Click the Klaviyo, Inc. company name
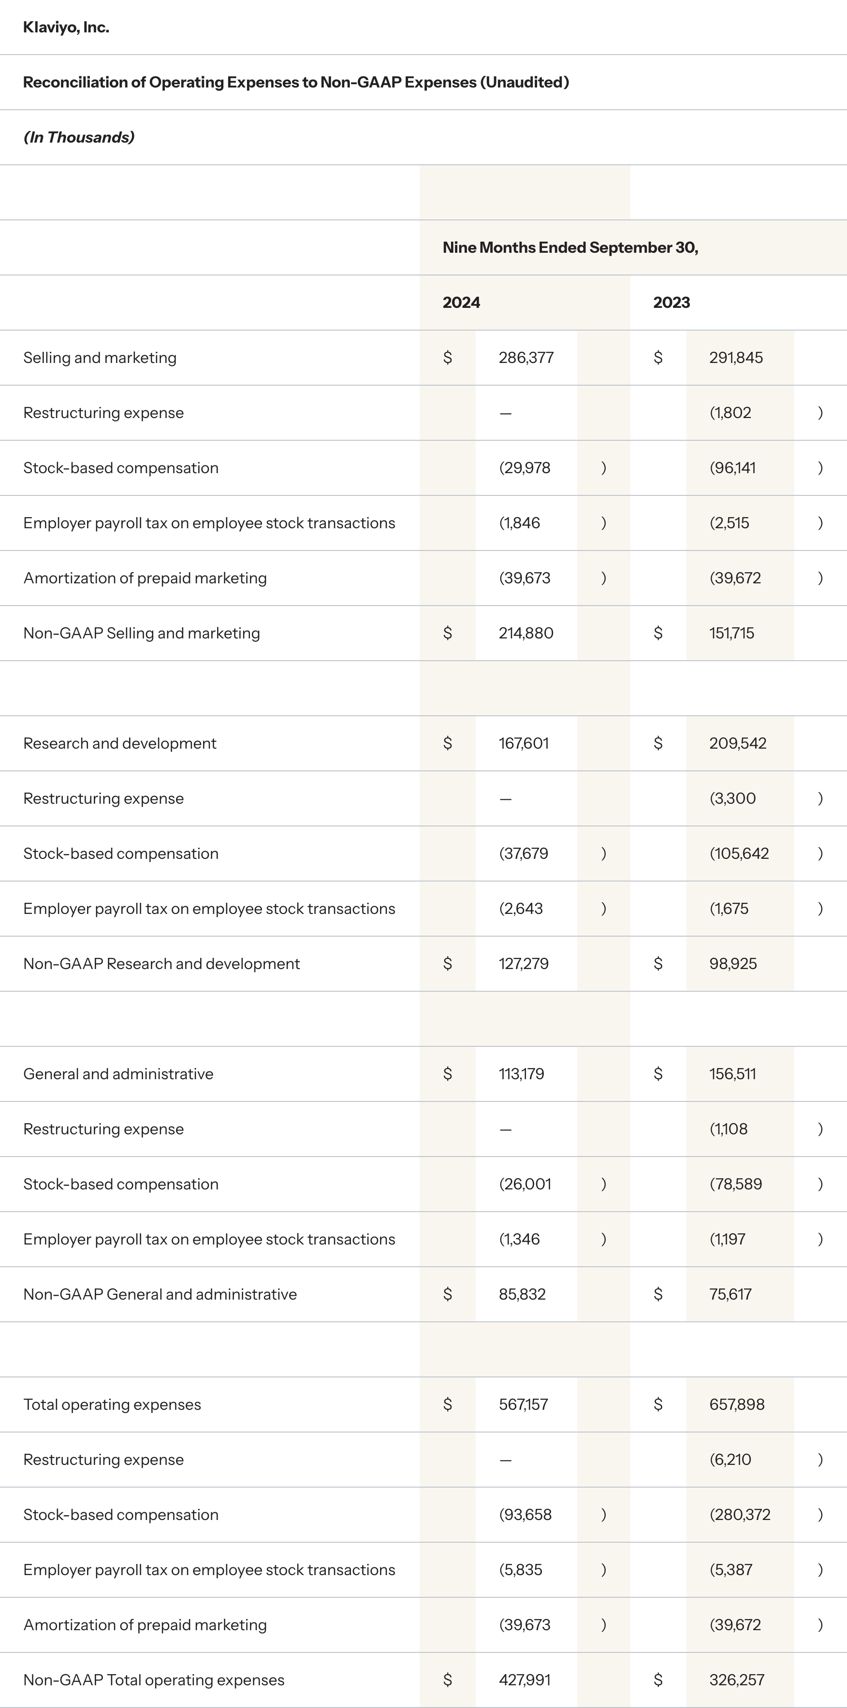(66, 27)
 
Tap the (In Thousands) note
(79, 137)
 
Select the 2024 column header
(461, 303)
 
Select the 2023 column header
(671, 303)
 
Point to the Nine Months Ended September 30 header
(570, 247)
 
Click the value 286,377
(526, 357)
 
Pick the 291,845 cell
(736, 357)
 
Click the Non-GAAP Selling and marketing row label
(141, 633)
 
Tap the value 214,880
(526, 633)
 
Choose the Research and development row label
(119, 743)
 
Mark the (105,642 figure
(739, 854)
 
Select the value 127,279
(523, 963)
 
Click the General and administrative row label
(118, 1073)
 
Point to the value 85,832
(522, 1294)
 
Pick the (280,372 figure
(740, 1514)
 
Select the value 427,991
(524, 1679)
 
